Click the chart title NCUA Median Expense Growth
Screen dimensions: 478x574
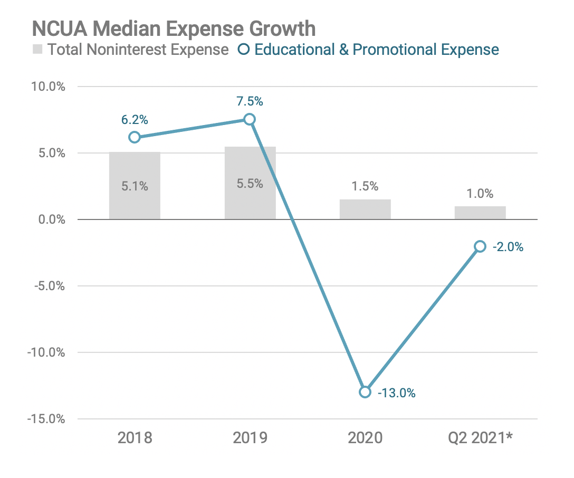coord(174,28)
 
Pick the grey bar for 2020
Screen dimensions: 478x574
coord(365,209)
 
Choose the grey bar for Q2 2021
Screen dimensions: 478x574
coord(480,213)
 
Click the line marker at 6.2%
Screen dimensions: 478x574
coord(135,137)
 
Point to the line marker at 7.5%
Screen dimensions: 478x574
coord(250,119)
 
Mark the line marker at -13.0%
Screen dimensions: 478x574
coord(365,392)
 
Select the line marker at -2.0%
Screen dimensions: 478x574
coord(480,246)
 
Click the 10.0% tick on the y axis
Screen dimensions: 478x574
coord(49,87)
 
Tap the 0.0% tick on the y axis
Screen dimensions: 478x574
coord(52,219)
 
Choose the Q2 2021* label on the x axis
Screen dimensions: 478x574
coord(481,438)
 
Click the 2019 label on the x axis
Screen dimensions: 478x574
coord(250,438)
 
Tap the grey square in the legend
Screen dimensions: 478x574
coord(37,50)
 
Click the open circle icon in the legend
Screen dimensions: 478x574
coord(244,50)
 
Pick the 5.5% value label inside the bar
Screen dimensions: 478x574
coord(250,185)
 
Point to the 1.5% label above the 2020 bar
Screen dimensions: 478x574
coord(365,186)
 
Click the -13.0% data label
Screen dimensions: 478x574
coord(397,393)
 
